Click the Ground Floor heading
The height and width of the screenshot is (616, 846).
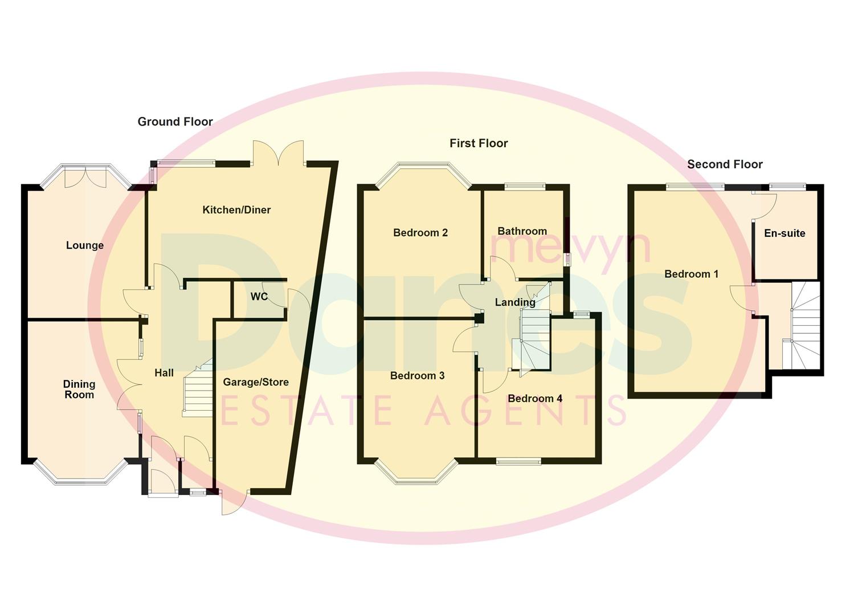point(175,121)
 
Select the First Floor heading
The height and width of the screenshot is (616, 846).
point(478,143)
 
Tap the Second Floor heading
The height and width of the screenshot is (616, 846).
point(724,164)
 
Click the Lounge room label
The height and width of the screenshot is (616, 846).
point(85,245)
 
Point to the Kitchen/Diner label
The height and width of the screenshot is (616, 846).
point(236,210)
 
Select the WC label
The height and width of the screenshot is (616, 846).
point(259,297)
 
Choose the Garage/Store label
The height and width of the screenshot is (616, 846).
point(255,382)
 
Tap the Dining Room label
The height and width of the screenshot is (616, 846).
point(79,389)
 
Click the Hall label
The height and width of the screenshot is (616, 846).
point(164,372)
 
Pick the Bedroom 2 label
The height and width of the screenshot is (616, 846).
point(420,233)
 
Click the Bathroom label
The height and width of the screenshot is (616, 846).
point(522,231)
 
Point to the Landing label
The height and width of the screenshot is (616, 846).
point(515,302)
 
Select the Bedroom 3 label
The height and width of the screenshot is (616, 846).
point(417,375)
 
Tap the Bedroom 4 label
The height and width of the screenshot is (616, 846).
point(535,399)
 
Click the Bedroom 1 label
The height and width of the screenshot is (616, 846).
point(691,274)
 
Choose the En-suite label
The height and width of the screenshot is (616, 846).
point(784,233)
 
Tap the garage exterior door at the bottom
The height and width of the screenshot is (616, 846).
point(234,502)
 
